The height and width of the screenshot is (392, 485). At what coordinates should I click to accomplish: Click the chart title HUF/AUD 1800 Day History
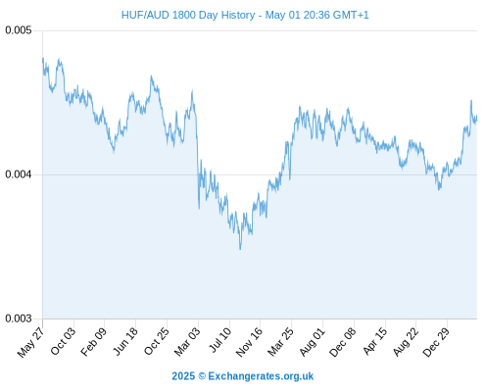pos(188,15)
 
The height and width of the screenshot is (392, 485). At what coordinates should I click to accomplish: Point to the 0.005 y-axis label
pos(19,30)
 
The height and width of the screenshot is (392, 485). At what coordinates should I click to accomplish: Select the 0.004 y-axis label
pos(19,174)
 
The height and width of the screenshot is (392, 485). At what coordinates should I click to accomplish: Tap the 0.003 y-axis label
pos(19,318)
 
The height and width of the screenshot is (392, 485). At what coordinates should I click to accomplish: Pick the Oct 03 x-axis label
pos(63,341)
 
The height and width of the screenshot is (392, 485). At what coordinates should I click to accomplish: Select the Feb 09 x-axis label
pos(94,341)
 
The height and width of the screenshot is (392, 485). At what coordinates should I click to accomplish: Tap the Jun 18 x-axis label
pos(125,341)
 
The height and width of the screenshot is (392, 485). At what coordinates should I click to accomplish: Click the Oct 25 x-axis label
pos(157,341)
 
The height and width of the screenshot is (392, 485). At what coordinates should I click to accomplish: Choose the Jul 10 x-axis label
pos(220,340)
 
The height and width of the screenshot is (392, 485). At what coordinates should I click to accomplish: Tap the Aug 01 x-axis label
pos(313,341)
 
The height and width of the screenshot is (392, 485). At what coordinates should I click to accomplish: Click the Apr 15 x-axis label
pos(375,341)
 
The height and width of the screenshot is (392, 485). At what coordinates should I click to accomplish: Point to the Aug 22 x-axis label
pos(406,341)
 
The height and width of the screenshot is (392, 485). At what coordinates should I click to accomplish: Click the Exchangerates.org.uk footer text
pos(261,376)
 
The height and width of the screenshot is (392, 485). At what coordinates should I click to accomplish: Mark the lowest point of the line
pos(240,249)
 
